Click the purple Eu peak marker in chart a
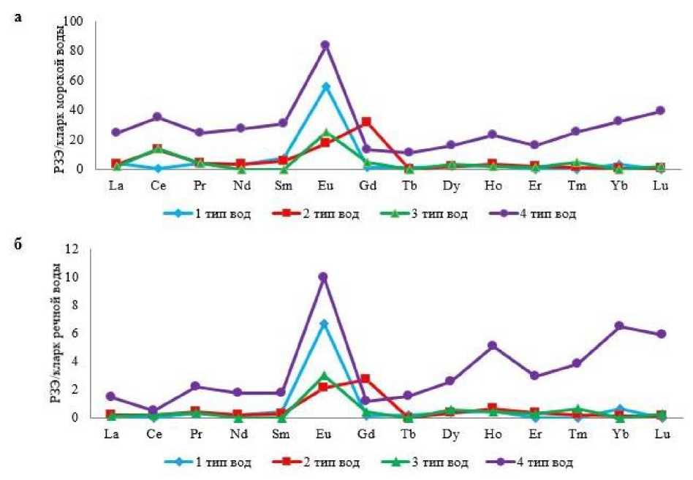(325, 45)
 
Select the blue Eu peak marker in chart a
(325, 86)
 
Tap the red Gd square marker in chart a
(366, 121)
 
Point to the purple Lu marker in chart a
(662, 110)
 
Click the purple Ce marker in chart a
(158, 117)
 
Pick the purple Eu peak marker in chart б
(323, 277)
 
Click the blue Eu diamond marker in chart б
(323, 324)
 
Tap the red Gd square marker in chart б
(366, 378)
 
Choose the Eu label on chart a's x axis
(325, 186)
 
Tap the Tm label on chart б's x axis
(578, 435)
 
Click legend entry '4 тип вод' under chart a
(541, 214)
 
